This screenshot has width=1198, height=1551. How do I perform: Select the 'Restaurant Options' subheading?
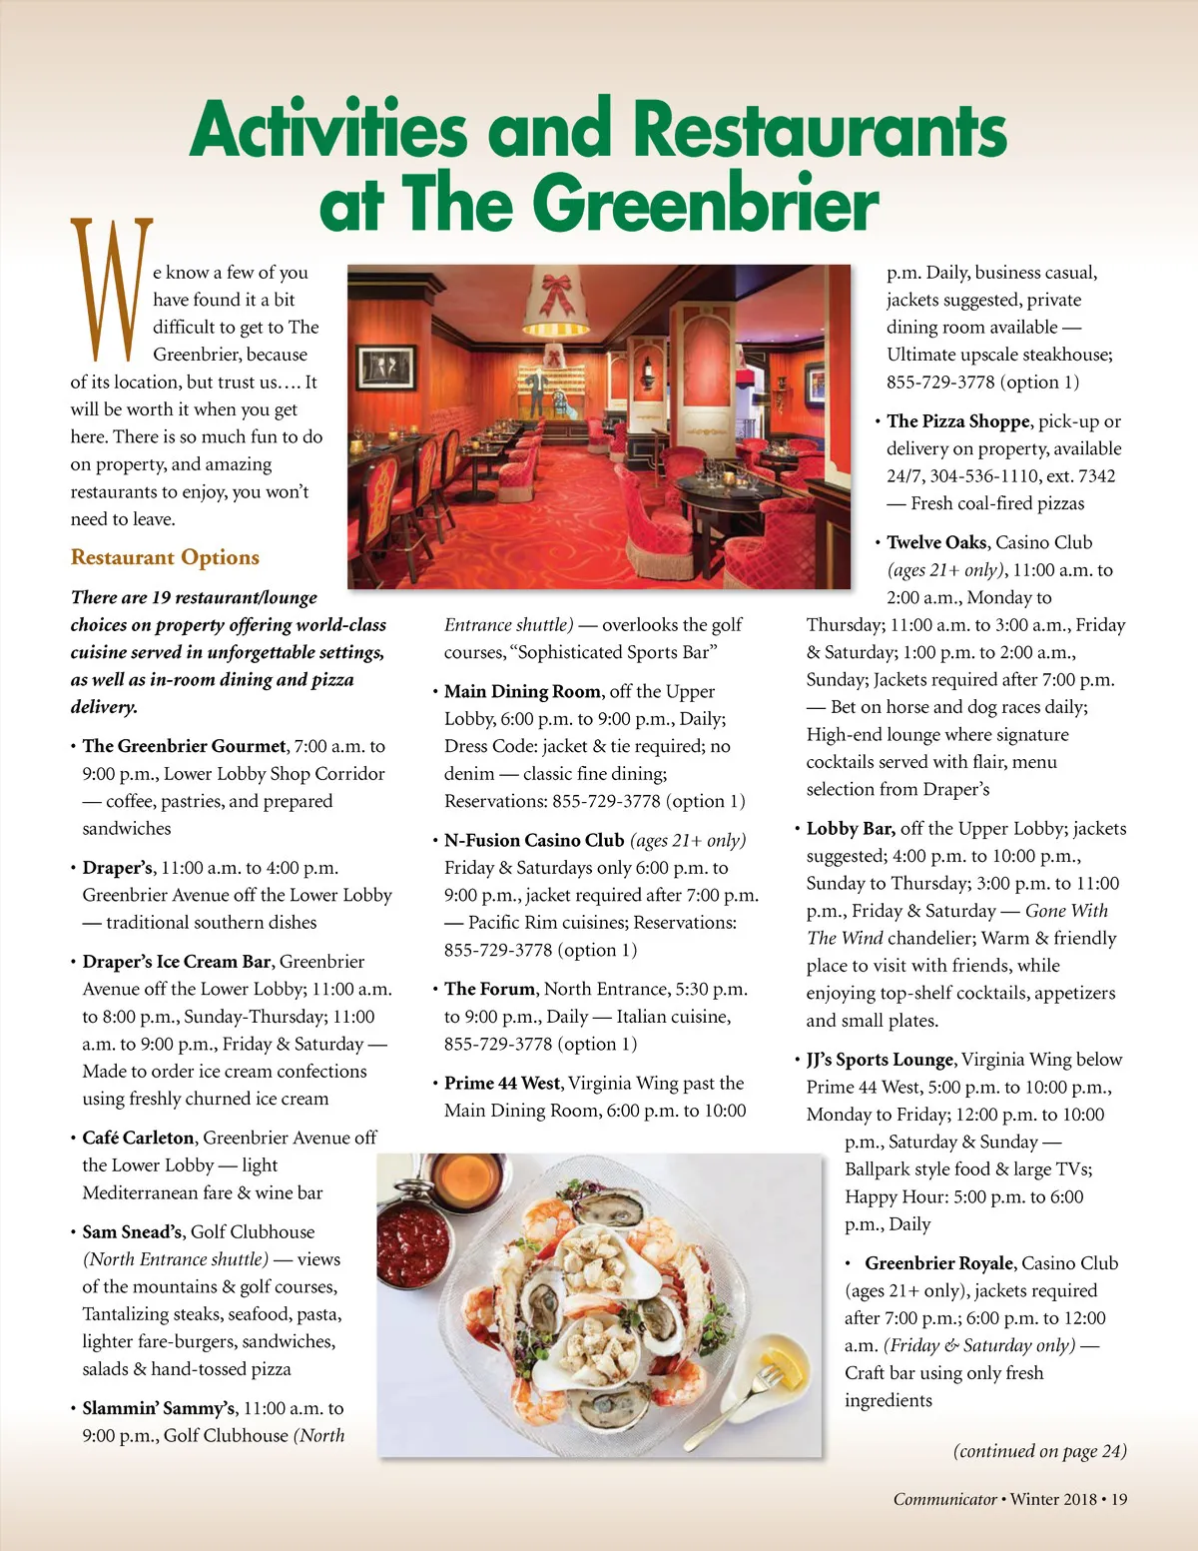coord(165,557)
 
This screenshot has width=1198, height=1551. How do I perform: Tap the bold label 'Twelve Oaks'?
coord(936,542)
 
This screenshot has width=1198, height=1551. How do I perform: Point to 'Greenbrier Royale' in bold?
coord(938,1263)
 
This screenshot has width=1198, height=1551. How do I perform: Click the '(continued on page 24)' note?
coord(1039,1451)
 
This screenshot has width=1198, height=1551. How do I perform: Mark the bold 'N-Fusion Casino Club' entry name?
coord(534,841)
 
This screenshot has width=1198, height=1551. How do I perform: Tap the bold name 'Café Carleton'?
coord(138,1138)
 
